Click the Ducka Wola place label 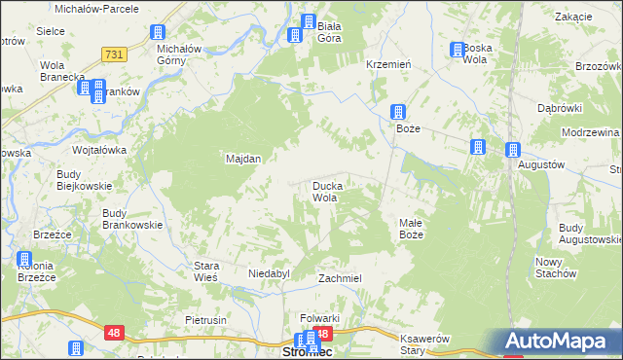tap(324, 191)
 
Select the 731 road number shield tap(113, 55)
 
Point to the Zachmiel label tap(340, 278)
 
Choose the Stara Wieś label tap(206, 270)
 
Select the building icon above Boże tap(398, 112)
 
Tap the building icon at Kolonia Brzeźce tap(24, 259)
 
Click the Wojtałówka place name tap(101, 151)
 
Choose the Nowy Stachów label tap(556, 268)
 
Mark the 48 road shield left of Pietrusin tap(114, 333)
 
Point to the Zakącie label tap(573, 18)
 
